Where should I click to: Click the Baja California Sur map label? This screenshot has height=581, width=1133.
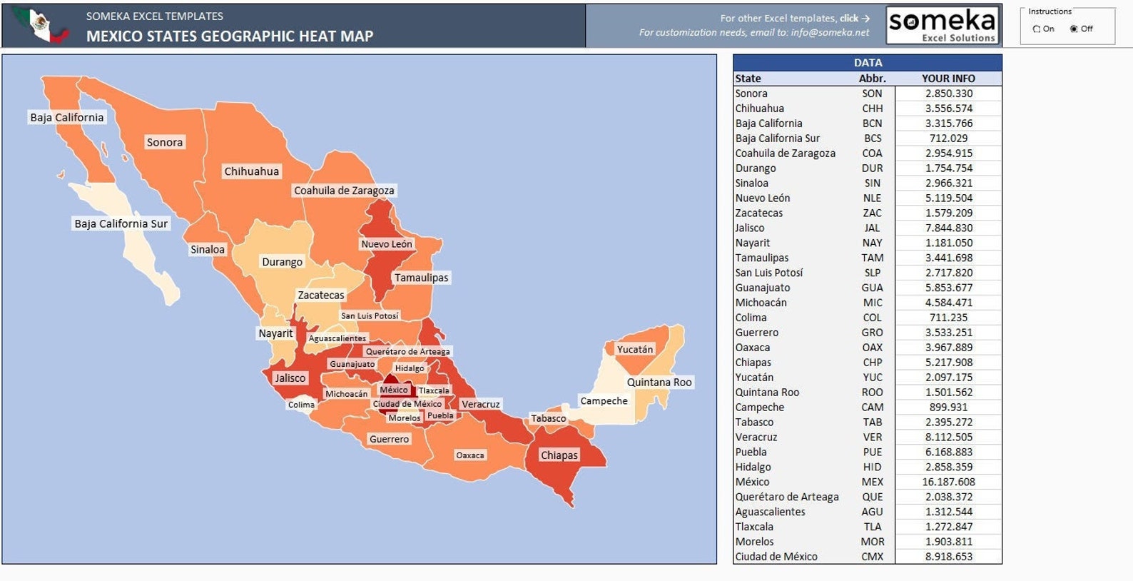121,223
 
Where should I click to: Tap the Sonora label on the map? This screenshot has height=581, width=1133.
165,142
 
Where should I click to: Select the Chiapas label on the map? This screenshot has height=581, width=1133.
559,455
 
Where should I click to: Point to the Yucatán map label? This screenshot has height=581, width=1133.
634,349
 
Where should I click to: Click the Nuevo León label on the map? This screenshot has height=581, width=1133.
386,243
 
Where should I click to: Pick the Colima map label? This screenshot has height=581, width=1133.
301,405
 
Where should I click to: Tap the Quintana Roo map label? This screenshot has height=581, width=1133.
659,382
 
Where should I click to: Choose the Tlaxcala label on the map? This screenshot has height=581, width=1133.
434,390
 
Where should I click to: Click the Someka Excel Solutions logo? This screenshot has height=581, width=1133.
943,26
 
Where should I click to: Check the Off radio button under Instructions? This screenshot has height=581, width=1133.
1074,29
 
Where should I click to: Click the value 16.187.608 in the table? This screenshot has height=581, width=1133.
948,482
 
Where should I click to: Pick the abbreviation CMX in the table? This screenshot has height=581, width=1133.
872,557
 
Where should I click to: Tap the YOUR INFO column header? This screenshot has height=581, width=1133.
948,79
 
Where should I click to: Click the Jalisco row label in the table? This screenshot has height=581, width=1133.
750,228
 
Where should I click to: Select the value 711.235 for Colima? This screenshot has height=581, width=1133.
948,318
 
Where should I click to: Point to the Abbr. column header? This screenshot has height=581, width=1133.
872,79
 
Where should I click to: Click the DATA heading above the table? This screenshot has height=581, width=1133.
868,63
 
